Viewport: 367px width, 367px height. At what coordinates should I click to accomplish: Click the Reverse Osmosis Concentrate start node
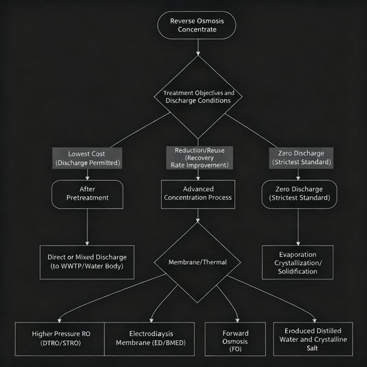click(x=198, y=25)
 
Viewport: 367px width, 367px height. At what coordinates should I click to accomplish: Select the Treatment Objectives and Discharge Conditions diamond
click(x=198, y=97)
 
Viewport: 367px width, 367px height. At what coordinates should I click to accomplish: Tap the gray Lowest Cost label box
click(x=87, y=158)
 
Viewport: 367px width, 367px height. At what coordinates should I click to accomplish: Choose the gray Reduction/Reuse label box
click(x=198, y=158)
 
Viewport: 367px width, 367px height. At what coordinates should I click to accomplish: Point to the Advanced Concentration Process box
click(x=198, y=193)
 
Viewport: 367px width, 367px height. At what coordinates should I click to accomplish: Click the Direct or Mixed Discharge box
click(x=87, y=262)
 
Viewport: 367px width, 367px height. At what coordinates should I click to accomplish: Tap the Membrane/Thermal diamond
click(x=198, y=262)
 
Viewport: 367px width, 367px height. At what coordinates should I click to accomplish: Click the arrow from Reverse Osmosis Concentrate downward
click(x=198, y=47)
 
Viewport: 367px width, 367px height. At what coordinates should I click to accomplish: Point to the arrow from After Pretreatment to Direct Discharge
click(x=87, y=227)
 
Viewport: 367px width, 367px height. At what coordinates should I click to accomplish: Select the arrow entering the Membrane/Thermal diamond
click(x=198, y=216)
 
